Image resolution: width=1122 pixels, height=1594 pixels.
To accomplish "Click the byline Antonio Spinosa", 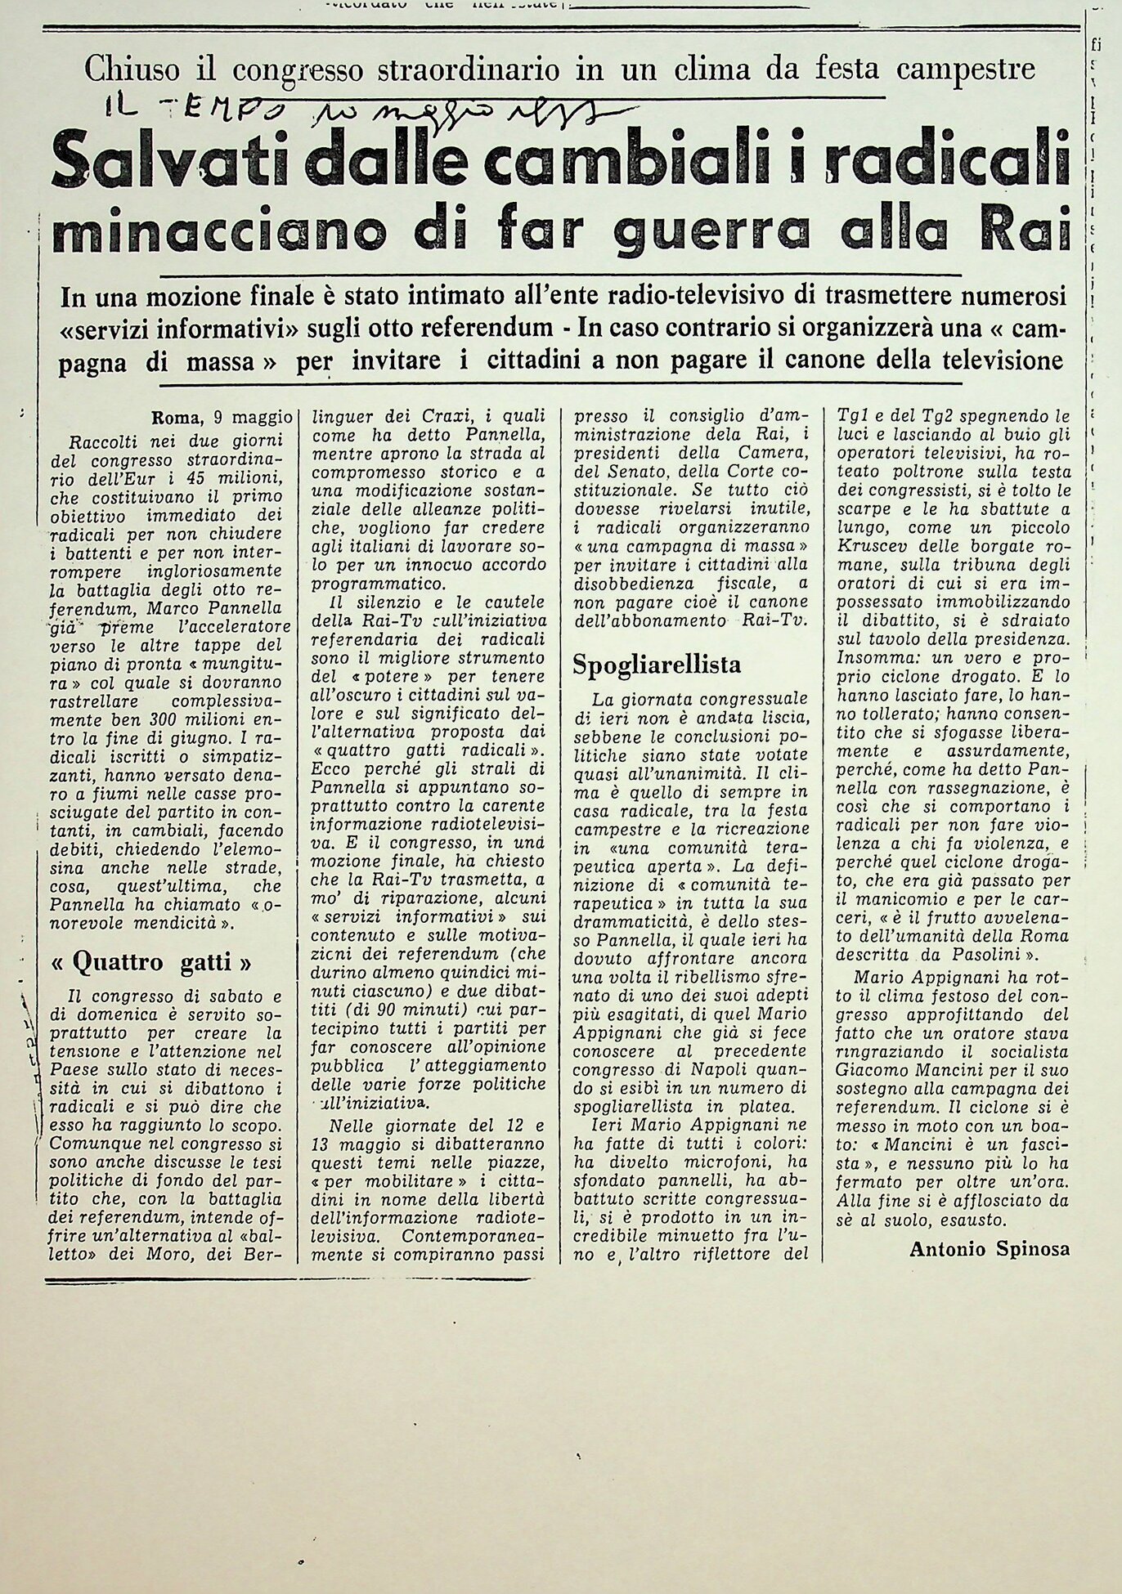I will (990, 1249).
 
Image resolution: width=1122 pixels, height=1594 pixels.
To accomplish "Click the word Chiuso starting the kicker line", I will (132, 69).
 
